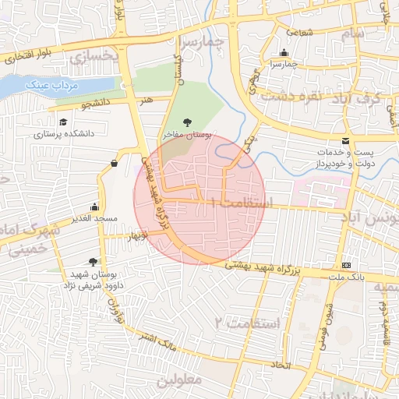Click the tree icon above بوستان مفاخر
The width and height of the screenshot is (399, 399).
pyautogui.click(x=187, y=122)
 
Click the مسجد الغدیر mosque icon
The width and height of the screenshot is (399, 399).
pyautogui.click(x=94, y=207)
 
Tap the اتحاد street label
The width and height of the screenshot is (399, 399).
pyautogui.click(x=279, y=365)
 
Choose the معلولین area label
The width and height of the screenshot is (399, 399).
pyautogui.click(x=178, y=381)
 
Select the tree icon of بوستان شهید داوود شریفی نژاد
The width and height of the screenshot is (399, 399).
pyautogui.click(x=94, y=262)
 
